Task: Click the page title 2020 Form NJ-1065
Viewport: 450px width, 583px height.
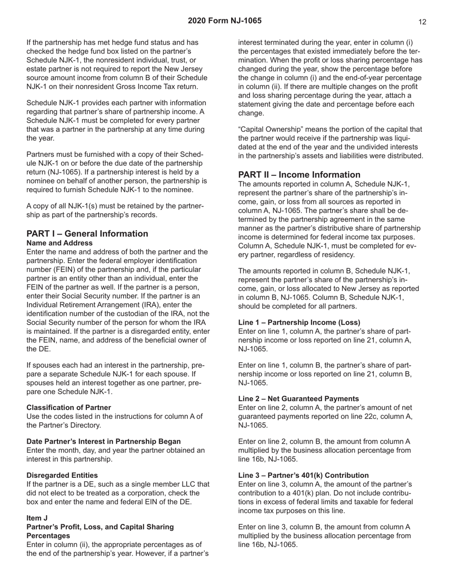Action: tap(225, 21)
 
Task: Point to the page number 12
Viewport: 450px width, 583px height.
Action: tap(423, 22)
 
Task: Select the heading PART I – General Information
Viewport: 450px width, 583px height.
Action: tap(87, 234)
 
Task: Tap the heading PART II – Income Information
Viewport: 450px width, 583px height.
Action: tap(299, 174)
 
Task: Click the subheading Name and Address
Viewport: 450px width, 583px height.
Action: tap(60, 243)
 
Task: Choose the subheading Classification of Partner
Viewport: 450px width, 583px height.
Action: tap(69, 407)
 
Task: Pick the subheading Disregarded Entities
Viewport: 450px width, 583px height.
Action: tap(62, 475)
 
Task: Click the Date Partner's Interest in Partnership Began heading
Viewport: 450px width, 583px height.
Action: tap(103, 441)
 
